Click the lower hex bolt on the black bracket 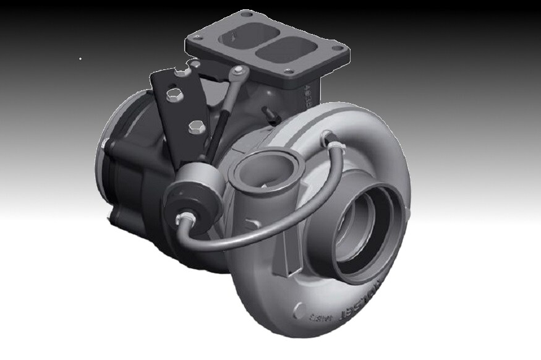tap(194, 127)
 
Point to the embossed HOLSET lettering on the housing tap(365, 302)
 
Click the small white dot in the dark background tap(80, 59)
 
